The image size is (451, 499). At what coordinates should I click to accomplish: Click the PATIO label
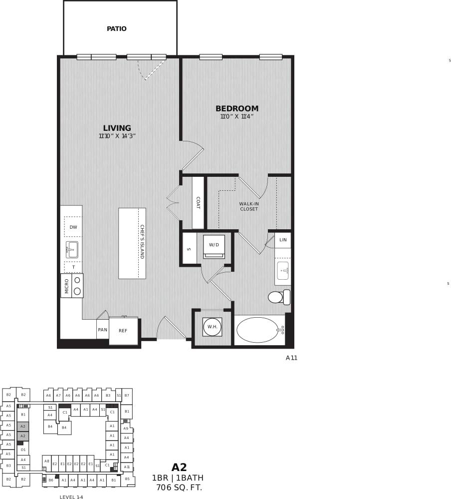[117, 29]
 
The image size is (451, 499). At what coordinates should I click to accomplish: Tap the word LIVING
[117, 128]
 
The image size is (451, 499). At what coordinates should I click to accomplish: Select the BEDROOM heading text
[237, 108]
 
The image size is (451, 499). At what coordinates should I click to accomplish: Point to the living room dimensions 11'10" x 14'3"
[117, 136]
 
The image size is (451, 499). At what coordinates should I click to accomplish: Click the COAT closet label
[198, 202]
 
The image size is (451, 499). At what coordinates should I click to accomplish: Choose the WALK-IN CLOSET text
[249, 206]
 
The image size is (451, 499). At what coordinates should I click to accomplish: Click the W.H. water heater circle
[212, 327]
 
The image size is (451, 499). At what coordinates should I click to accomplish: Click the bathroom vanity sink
[283, 271]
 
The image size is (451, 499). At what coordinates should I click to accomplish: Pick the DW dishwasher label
[73, 227]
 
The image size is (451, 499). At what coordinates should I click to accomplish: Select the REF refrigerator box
[123, 331]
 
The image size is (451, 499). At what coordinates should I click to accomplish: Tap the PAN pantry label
[103, 330]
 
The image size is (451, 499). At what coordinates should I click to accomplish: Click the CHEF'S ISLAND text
[142, 242]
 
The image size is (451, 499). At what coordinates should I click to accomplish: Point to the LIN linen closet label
[283, 240]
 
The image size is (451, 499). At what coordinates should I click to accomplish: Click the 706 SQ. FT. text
[179, 487]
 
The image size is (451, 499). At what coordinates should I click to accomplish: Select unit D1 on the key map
[23, 450]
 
